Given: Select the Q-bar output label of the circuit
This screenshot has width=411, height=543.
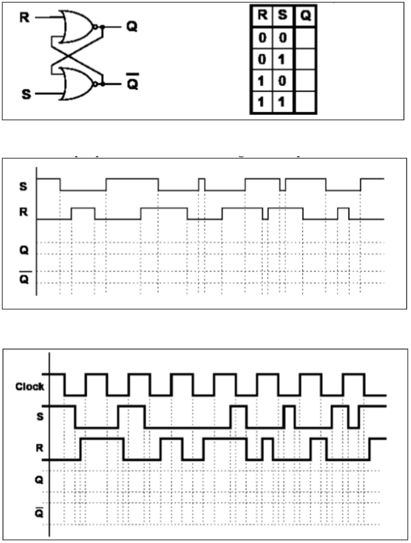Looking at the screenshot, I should [131, 84].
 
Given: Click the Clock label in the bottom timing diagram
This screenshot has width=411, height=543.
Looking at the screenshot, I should [30, 387].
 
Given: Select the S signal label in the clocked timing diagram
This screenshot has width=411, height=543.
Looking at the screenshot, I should [39, 417].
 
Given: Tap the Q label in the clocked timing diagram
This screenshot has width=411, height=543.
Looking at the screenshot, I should [39, 480].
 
